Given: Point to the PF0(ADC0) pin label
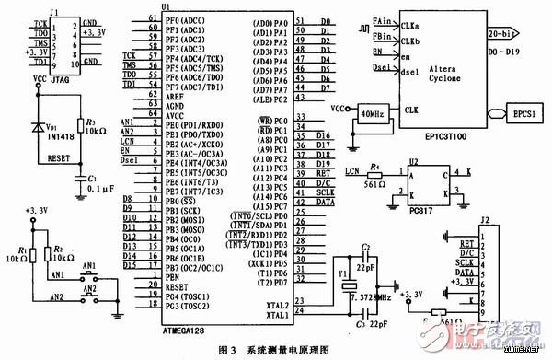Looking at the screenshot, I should tap(184, 20).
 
